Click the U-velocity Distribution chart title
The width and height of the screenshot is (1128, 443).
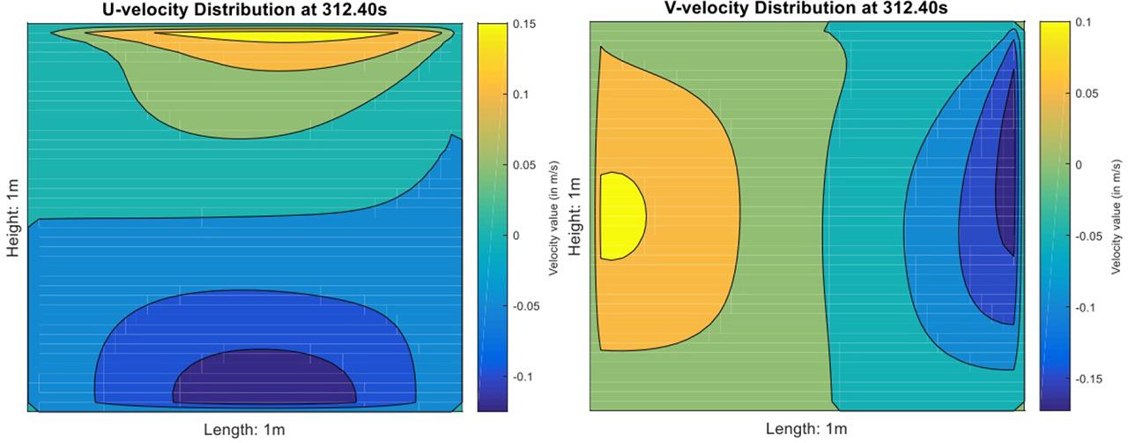pyautogui.click(x=244, y=9)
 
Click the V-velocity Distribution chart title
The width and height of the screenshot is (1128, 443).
pyautogui.click(x=806, y=8)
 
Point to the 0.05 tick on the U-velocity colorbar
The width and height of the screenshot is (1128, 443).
pyautogui.click(x=523, y=165)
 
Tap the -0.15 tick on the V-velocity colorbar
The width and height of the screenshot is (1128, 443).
pyautogui.click(x=1089, y=379)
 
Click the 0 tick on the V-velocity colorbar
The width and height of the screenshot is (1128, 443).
pyautogui.click(x=1080, y=164)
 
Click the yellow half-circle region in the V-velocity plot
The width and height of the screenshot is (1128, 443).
pyautogui.click(x=620, y=216)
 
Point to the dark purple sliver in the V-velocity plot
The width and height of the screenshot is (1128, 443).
pyautogui.click(x=1006, y=176)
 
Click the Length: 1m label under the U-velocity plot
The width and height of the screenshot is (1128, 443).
pyautogui.click(x=244, y=430)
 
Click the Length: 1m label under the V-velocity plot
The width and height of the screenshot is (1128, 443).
pyautogui.click(x=806, y=430)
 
